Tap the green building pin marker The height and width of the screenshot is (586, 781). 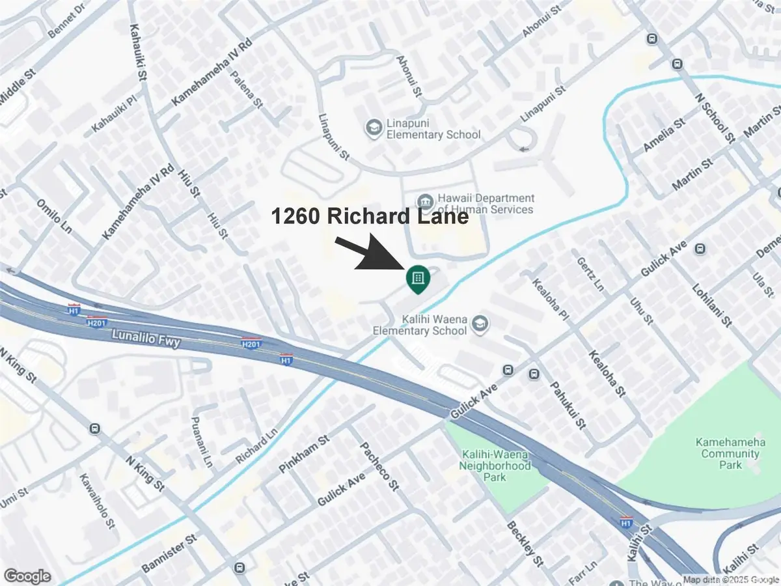[x=417, y=279]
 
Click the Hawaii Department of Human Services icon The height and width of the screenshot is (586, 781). [x=425, y=199]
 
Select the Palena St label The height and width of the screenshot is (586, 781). [x=247, y=92]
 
